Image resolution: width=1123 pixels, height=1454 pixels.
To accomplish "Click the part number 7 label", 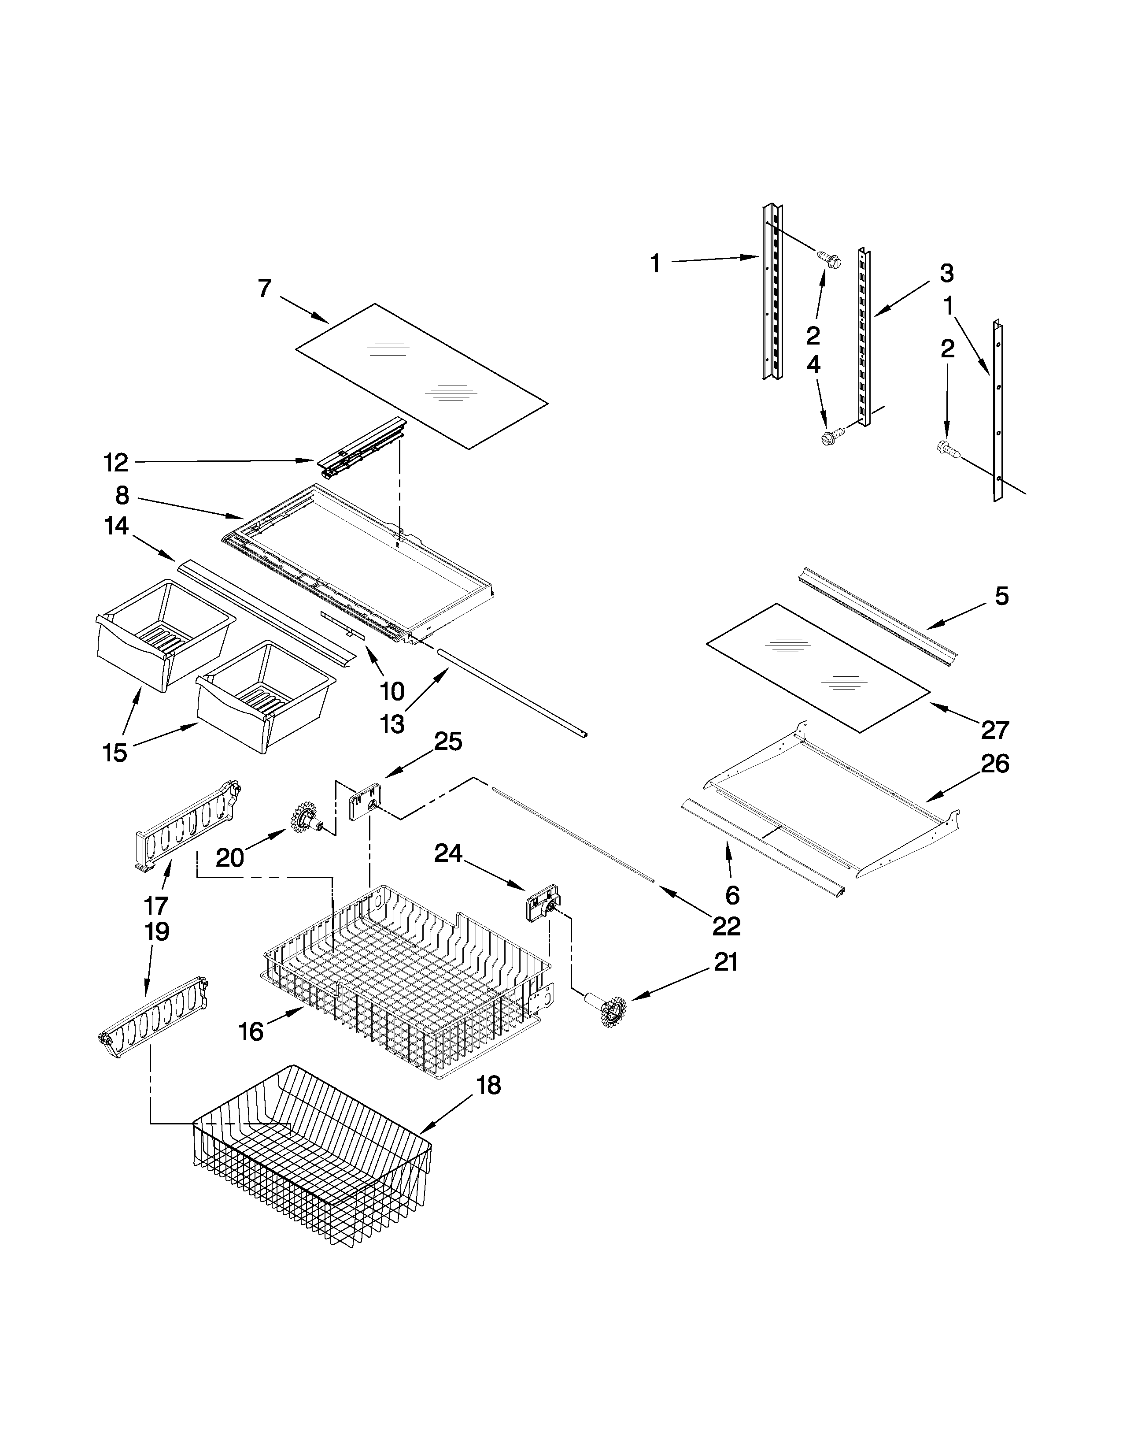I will (x=265, y=288).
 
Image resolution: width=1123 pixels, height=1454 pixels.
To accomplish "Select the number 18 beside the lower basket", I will (x=488, y=1085).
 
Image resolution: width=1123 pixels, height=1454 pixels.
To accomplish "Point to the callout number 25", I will (x=448, y=741).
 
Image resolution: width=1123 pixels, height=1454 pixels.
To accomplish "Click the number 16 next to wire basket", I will (x=251, y=1031).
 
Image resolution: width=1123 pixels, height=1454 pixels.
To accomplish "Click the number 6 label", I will (x=732, y=895).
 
